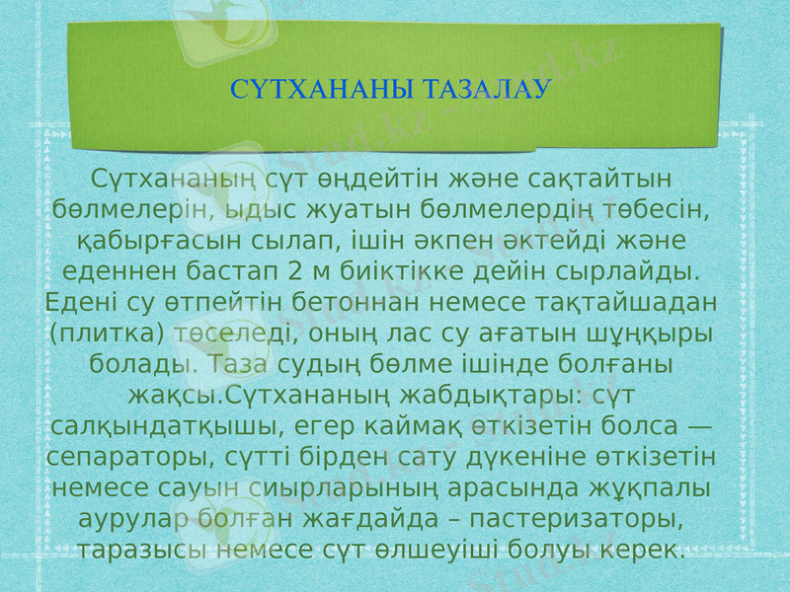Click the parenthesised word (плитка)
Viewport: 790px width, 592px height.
click(105, 333)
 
